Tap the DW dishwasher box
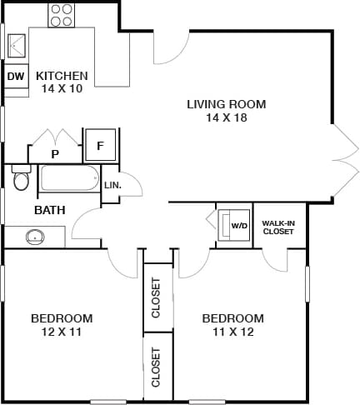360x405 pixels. [x=16, y=77]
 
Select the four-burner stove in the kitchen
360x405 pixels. [x=61, y=14]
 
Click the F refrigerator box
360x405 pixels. [x=101, y=145]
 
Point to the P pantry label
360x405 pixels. [x=55, y=154]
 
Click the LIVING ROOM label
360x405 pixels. [x=226, y=104]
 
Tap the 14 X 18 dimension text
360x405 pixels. [x=226, y=117]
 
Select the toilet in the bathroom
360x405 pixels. [x=22, y=179]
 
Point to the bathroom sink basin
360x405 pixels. [x=35, y=237]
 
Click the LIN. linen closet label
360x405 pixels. [x=112, y=185]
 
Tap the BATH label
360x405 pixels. [x=50, y=211]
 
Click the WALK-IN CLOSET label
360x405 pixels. [x=277, y=227]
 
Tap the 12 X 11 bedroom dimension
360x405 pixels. [x=61, y=332]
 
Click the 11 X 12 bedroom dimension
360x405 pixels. [x=232, y=332]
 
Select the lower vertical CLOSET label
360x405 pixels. [x=157, y=367]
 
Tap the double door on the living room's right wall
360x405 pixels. [x=342, y=157]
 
